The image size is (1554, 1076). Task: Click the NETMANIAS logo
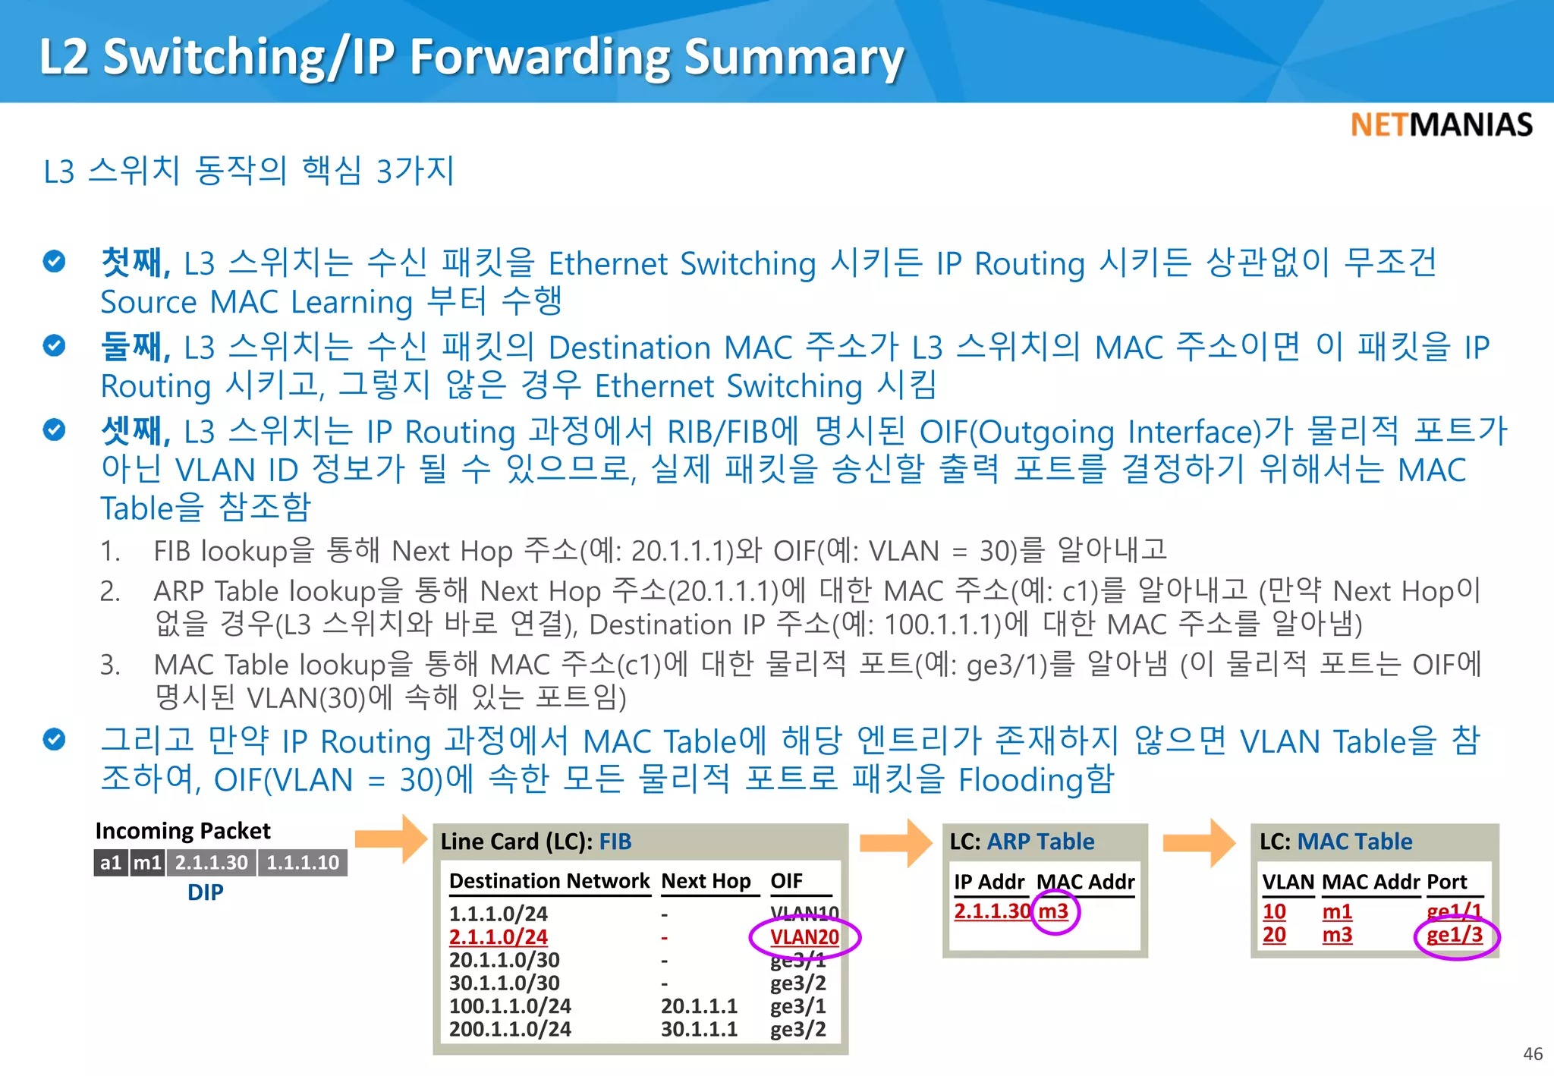click(1441, 125)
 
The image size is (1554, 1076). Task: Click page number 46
click(1532, 1053)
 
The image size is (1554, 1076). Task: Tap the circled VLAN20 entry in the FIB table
click(804, 937)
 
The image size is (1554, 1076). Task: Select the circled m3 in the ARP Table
click(1053, 911)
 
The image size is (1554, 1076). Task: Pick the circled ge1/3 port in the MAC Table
click(1455, 935)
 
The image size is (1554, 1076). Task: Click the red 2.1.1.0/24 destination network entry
click(498, 937)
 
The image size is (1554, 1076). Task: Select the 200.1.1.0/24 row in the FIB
click(510, 1029)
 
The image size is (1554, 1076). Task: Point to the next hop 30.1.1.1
click(699, 1029)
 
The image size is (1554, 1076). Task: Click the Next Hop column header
click(706, 881)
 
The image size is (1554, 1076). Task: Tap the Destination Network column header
click(549, 881)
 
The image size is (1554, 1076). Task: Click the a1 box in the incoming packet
click(111, 863)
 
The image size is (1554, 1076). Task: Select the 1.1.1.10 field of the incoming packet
click(303, 863)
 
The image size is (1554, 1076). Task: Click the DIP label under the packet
click(205, 892)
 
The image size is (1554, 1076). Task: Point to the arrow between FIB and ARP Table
click(895, 842)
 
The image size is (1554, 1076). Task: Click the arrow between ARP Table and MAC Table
click(1199, 842)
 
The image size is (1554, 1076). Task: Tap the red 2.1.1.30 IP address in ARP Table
click(992, 911)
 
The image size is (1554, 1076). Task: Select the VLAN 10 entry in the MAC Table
click(1274, 911)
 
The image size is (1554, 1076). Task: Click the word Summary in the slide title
click(794, 57)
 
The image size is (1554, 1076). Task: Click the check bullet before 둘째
click(54, 346)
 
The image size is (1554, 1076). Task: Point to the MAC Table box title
click(1335, 842)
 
